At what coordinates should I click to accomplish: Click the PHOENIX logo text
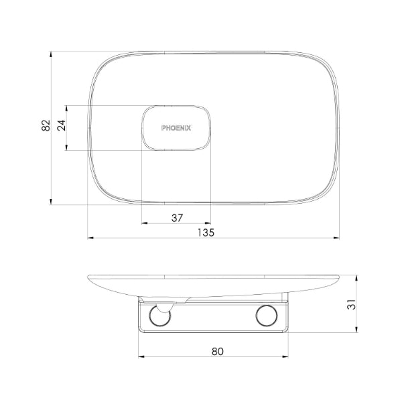(x=176, y=127)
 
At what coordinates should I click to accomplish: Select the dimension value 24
(x=62, y=127)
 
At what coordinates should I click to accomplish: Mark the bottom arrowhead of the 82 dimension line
(x=52, y=202)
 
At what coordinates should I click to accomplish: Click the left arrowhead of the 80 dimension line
(x=140, y=356)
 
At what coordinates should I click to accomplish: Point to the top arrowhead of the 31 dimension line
(x=354, y=275)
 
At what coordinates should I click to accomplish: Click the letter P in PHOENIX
(x=163, y=127)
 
